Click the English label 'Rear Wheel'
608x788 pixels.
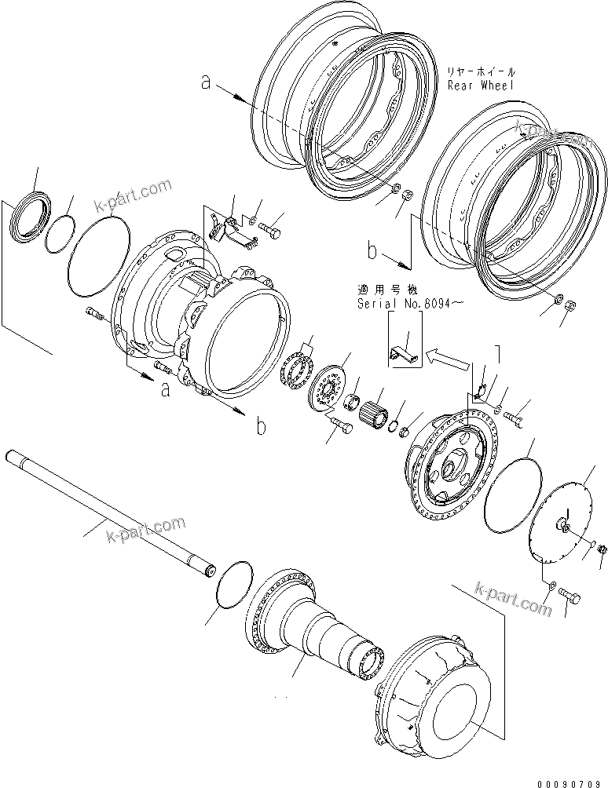click(x=480, y=85)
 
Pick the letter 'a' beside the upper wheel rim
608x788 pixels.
click(x=206, y=82)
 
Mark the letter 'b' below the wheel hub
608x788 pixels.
click(x=261, y=427)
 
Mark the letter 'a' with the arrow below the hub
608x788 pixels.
click(x=165, y=390)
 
